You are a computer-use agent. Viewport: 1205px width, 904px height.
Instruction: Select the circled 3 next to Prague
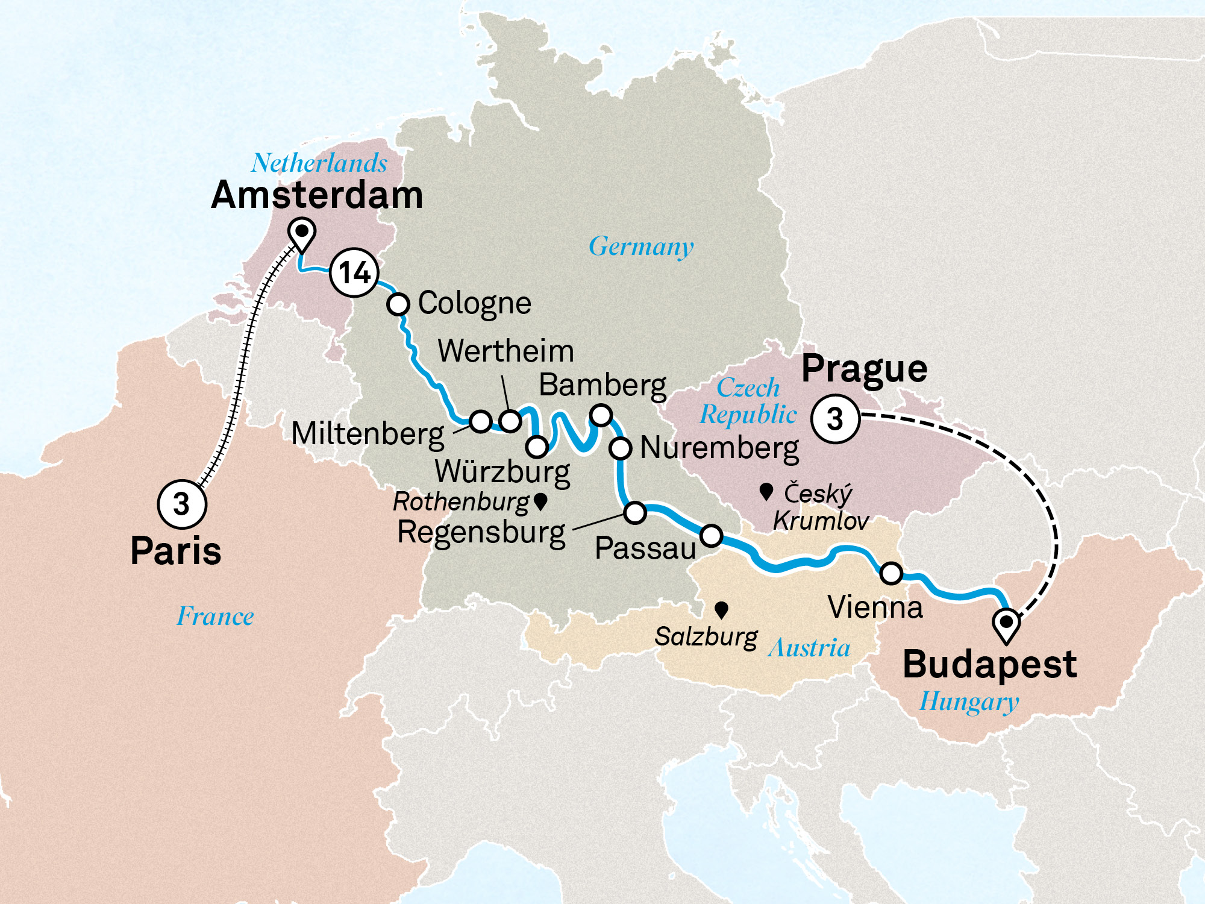[835, 419]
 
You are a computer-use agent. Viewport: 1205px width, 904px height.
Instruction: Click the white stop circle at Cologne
[398, 304]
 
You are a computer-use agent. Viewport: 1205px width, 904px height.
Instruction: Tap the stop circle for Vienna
[891, 573]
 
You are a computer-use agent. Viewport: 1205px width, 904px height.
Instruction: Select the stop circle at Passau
[711, 535]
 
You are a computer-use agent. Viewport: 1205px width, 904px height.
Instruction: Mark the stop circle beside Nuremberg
[620, 449]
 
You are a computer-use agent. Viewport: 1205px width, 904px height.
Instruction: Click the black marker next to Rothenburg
[540, 501]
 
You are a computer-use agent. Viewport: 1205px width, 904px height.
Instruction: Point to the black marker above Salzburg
[721, 610]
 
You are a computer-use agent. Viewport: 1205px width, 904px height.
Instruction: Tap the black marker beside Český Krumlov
[766, 492]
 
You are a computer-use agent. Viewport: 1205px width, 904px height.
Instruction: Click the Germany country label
[641, 246]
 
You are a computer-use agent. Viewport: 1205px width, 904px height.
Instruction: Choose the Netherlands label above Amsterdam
[319, 163]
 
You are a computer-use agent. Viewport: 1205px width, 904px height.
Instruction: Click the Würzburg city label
[502, 472]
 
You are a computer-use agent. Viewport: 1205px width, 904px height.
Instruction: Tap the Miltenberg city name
[368, 434]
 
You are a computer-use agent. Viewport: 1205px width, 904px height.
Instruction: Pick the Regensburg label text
[481, 533]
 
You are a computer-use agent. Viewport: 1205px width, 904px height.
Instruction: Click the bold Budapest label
[989, 665]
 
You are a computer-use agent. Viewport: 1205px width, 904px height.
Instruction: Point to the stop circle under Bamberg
[601, 415]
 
